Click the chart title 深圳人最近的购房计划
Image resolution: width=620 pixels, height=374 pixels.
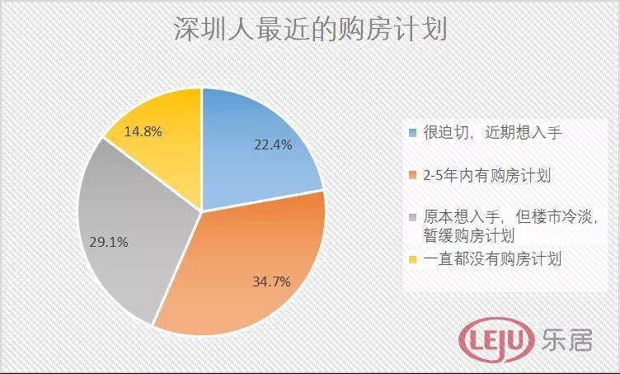(x=309, y=31)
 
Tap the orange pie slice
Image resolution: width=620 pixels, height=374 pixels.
(x=247, y=264)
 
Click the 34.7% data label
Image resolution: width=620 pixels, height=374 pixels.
(x=271, y=282)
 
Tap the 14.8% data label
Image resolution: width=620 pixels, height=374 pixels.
(x=143, y=130)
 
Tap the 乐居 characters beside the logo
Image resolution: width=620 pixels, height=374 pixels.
(x=566, y=338)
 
